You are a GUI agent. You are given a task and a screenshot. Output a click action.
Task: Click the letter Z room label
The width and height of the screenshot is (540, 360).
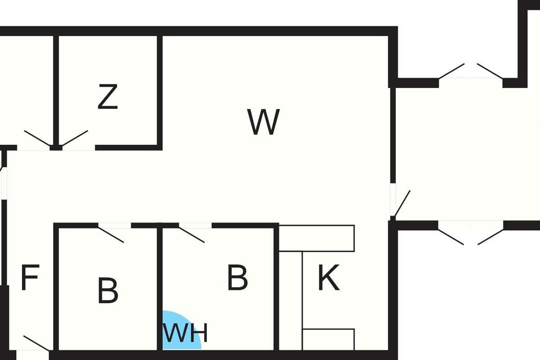pyautogui.click(x=108, y=97)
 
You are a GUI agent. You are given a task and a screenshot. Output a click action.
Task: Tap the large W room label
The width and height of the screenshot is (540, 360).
pyautogui.click(x=264, y=122)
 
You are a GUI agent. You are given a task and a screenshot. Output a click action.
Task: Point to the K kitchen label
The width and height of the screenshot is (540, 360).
pyautogui.click(x=328, y=278)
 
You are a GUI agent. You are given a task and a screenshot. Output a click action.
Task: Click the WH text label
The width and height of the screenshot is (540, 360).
pyautogui.click(x=185, y=333)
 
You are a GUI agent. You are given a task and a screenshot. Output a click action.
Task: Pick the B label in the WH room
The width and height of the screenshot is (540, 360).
pyautogui.click(x=237, y=278)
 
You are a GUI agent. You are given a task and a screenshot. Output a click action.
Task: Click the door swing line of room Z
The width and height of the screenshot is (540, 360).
pyautogui.click(x=75, y=138)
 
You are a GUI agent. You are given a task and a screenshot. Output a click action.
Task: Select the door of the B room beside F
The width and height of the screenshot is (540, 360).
pyautogui.click(x=111, y=234)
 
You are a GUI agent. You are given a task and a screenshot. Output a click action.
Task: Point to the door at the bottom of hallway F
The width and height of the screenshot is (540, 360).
pyautogui.click(x=36, y=343)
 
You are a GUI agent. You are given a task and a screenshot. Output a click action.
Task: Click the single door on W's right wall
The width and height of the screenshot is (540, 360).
pyautogui.click(x=402, y=202)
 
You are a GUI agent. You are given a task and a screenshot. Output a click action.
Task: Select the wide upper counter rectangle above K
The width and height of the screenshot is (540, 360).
pyautogui.click(x=317, y=238)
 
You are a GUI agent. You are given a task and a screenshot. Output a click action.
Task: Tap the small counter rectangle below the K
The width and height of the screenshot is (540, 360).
pyautogui.click(x=328, y=339)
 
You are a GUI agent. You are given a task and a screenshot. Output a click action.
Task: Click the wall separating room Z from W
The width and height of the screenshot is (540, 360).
pyautogui.click(x=159, y=90)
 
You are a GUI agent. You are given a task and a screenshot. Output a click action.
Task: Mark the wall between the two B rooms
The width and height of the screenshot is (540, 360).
pyautogui.click(x=159, y=288)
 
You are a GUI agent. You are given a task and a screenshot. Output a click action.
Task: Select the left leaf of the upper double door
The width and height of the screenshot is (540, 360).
pyautogui.click(x=451, y=71)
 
